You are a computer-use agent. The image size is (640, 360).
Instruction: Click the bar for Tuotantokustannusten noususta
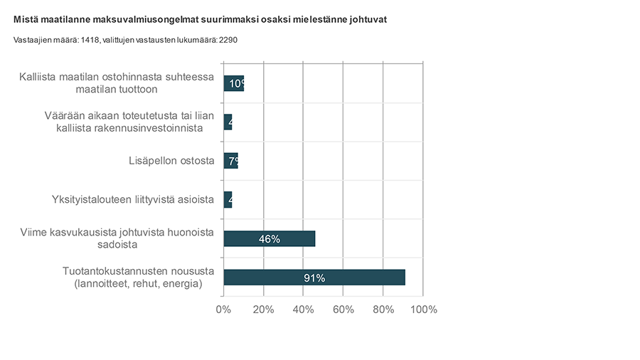pos(314,277)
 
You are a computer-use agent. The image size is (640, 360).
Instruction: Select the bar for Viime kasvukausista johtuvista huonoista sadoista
pos(269,238)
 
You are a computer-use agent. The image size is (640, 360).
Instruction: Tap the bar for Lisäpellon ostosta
pos(230,161)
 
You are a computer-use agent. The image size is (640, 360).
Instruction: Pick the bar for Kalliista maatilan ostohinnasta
pos(233,83)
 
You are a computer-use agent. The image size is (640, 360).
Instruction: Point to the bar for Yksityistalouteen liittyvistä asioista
pos(228,199)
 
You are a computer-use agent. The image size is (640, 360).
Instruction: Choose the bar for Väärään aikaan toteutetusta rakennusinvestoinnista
pos(228,122)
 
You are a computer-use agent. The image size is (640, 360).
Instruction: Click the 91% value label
pos(314,278)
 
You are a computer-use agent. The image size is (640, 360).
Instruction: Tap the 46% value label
pos(269,239)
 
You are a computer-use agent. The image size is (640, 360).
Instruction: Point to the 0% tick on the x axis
pos(223,309)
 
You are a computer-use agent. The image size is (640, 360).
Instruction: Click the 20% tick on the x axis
pos(263,309)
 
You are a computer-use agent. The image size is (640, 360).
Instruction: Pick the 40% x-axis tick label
pos(304,309)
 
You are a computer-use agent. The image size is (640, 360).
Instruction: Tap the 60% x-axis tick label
pos(343,309)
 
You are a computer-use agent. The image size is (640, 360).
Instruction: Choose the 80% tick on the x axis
pos(383,309)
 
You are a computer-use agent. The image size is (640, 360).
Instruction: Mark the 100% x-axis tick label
pos(423,309)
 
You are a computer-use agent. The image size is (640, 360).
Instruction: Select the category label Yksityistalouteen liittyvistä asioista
pos(133,199)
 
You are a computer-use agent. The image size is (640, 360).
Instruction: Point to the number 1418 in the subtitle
pos(90,40)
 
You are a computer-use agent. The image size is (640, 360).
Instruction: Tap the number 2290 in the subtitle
pos(228,40)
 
